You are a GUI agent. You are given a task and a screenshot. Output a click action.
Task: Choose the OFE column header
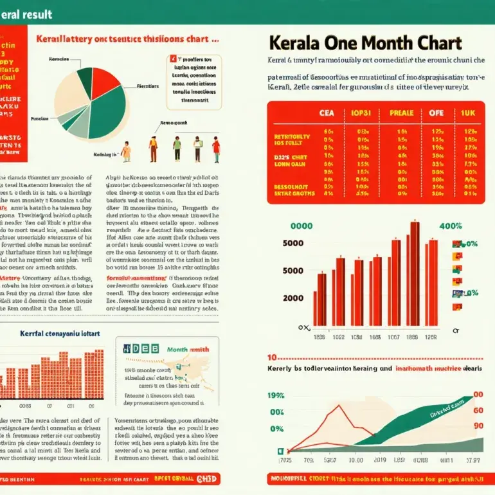click(437, 112)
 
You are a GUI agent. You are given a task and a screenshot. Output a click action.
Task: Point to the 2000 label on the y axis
click(292, 298)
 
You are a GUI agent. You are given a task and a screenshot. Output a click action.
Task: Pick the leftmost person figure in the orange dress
click(126, 151)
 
